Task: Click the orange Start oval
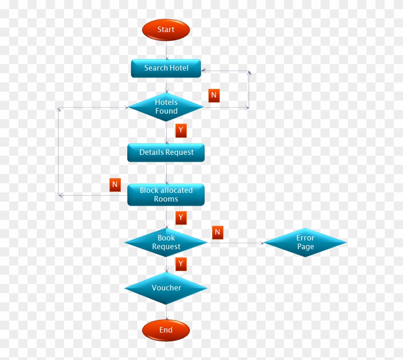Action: pos(166,30)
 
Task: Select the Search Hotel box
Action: pos(166,68)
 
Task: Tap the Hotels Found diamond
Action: pos(166,107)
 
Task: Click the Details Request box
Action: pos(166,153)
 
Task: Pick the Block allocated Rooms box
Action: pos(166,195)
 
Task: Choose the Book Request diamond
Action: pos(166,242)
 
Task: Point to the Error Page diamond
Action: pos(305,242)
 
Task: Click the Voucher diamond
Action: pos(166,288)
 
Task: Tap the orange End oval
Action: pos(166,330)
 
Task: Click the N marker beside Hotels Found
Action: pos(214,95)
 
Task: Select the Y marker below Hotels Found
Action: pos(181,130)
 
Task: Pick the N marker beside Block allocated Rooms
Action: pos(115,185)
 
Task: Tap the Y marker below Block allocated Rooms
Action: pos(181,218)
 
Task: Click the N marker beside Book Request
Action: pos(218,232)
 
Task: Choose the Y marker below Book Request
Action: pos(181,264)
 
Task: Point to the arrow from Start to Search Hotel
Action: pos(166,49)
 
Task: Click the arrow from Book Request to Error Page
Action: pos(236,243)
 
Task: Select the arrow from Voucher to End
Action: pos(166,312)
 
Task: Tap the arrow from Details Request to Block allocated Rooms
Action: pos(166,173)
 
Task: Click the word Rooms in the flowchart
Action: pos(166,199)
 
